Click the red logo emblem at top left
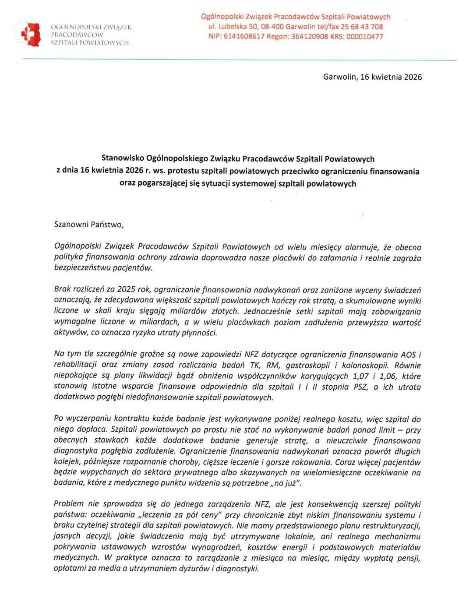point(30,34)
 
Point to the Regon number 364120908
point(309,37)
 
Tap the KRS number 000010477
point(364,37)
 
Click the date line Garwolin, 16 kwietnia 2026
point(372,77)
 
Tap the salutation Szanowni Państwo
point(89,225)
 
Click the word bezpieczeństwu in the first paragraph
point(81,268)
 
